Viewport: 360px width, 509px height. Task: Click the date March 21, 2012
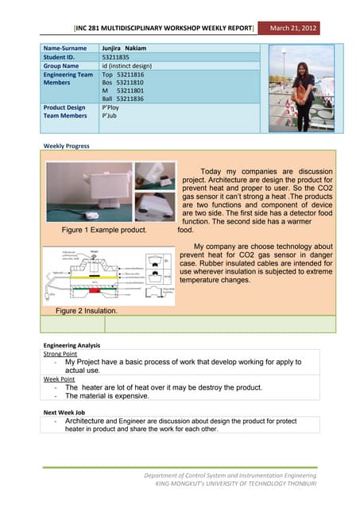(293, 29)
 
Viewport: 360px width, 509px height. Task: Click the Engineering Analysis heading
(71, 345)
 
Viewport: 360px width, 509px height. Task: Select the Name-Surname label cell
(65, 48)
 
